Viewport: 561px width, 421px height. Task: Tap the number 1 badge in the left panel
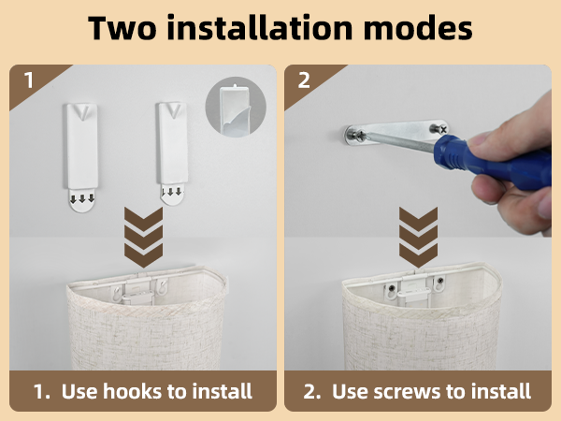tap(29, 80)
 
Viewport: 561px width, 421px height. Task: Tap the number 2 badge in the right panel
tap(304, 80)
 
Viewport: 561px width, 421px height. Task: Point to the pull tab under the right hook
tap(170, 195)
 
